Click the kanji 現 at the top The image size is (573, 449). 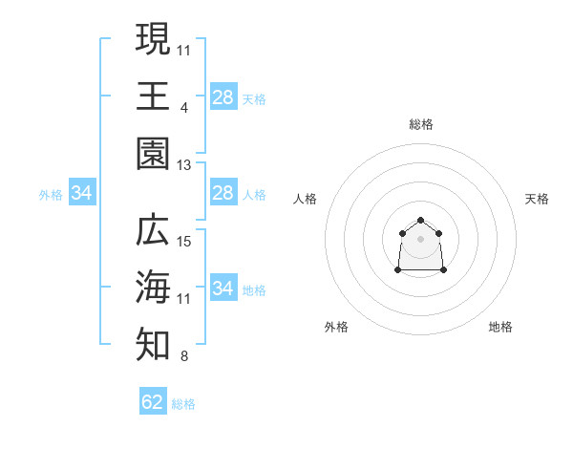coord(153,39)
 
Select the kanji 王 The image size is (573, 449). coord(153,96)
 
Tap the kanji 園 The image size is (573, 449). coord(153,154)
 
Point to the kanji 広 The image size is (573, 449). coord(153,229)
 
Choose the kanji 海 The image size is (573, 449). coord(153,287)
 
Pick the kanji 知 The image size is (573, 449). coord(153,344)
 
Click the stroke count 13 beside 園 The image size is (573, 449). coord(183,165)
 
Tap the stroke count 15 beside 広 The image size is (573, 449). coord(183,242)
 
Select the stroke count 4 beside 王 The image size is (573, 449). coord(184,108)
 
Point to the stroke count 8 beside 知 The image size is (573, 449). coord(184,356)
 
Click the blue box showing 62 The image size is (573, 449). coord(153,400)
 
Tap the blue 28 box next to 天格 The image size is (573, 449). coord(223,96)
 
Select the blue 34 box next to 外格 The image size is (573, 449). coord(82,192)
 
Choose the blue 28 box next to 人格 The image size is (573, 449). coord(223,192)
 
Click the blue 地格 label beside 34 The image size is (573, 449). coord(254,290)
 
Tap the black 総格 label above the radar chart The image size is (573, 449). coord(421,124)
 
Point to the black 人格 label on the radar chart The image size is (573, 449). coord(305,199)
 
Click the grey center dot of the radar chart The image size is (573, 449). coord(420,239)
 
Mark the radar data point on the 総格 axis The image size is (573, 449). coord(420,220)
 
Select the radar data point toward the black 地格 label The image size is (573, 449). coord(443,269)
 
